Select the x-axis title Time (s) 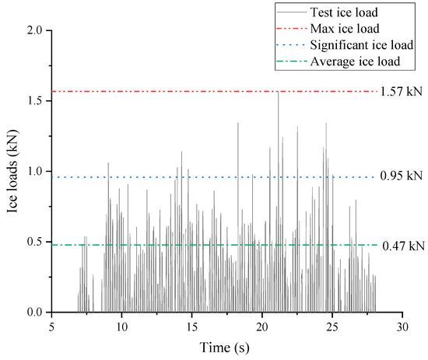226,348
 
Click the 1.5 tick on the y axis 36,101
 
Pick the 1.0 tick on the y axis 36,171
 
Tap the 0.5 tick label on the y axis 36,242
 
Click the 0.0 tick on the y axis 36,313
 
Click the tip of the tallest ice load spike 278,92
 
